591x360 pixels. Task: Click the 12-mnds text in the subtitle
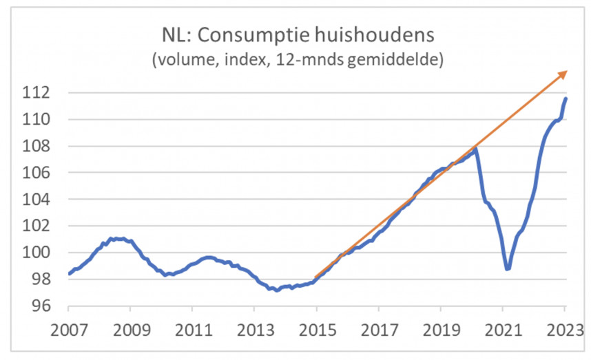tap(311, 60)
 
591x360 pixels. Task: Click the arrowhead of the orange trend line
tap(563, 73)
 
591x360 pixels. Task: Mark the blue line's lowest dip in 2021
tap(507, 268)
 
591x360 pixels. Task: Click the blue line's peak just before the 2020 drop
tap(475, 148)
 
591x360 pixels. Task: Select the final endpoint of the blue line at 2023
tap(566, 98)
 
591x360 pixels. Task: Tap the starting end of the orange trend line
tap(315, 278)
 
